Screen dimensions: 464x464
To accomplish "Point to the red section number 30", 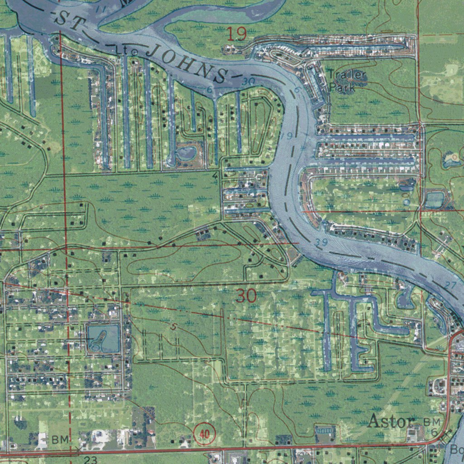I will [x=246, y=296].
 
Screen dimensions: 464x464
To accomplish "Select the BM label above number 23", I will [x=60, y=439].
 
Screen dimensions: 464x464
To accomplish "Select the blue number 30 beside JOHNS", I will [x=248, y=81].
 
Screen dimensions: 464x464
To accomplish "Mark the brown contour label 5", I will [x=174, y=326].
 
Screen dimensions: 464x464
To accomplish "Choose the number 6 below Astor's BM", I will [x=434, y=433].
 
